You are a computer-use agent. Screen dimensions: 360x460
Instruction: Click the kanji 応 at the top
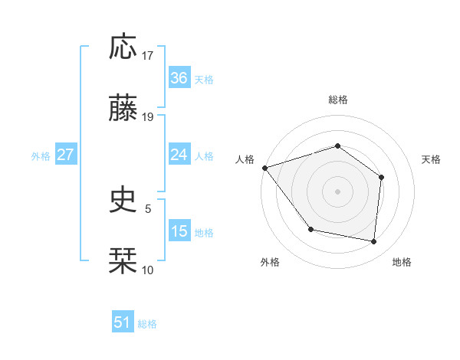tap(123, 48)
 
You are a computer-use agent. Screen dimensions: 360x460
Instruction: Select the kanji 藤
tap(123, 110)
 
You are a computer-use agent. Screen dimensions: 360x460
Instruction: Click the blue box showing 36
tap(179, 78)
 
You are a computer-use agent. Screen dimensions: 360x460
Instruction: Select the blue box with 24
tap(179, 155)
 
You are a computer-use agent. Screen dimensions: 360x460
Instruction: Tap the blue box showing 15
tap(179, 231)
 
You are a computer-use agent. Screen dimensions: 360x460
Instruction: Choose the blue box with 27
tap(65, 155)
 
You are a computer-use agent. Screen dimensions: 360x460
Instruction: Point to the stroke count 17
tap(148, 56)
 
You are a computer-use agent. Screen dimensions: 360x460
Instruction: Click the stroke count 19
tap(148, 117)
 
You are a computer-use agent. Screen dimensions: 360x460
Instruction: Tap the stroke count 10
tap(148, 270)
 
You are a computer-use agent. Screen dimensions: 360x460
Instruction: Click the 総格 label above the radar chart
tap(337, 100)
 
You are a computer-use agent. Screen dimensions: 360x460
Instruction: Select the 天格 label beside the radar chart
tap(431, 159)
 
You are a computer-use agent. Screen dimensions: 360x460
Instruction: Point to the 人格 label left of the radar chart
tap(245, 159)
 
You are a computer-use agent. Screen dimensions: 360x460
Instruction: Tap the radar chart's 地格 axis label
tap(402, 262)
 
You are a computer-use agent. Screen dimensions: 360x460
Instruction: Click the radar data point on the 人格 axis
tap(264, 168)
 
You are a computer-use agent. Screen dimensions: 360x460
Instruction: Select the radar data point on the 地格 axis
tap(374, 241)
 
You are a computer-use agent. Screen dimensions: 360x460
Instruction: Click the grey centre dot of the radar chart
tap(337, 191)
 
